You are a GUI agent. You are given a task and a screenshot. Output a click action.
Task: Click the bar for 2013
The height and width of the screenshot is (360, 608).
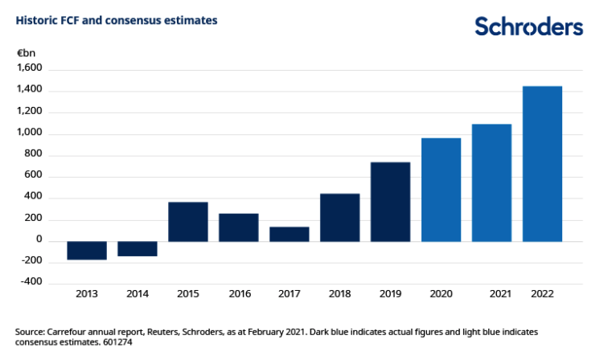coord(87,250)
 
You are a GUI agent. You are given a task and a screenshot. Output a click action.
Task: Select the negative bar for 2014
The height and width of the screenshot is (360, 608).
coord(138,248)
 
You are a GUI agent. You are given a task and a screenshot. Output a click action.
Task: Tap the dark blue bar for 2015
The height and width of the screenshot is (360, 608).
coord(188,222)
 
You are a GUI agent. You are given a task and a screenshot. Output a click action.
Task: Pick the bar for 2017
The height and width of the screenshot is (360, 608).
coord(290,234)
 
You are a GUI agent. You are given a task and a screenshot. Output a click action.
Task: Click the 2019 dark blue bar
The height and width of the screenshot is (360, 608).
coord(390,202)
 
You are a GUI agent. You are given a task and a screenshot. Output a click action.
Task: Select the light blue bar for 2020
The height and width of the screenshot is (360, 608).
coord(441,190)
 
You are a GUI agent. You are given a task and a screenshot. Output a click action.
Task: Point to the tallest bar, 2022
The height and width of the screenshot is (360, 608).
coord(542,164)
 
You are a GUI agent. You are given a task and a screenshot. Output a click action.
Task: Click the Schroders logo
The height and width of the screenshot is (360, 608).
coord(528,26)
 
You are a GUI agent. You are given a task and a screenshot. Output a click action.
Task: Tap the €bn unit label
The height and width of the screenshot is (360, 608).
coord(27,53)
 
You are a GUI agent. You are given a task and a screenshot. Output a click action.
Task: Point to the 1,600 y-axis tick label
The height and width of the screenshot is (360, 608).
coord(30,69)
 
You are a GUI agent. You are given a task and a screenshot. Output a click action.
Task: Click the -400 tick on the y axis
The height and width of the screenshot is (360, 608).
coord(32,284)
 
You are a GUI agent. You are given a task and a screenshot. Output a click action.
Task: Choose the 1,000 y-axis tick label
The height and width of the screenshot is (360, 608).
coord(30,133)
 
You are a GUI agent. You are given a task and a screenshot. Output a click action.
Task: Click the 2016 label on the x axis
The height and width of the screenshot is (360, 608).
coord(239,295)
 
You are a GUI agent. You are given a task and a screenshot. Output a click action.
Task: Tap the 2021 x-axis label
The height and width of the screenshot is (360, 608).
coord(500,295)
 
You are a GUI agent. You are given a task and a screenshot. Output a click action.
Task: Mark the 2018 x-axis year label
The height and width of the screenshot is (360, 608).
coord(340,295)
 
